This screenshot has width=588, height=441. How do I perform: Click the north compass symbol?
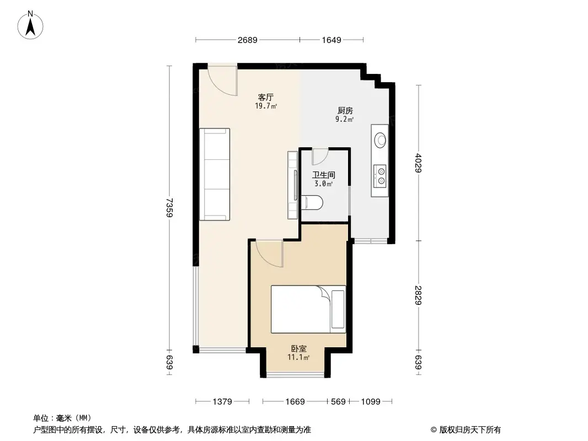pyautogui.click(x=32, y=25)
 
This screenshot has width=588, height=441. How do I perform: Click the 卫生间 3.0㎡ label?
pyautogui.click(x=323, y=179)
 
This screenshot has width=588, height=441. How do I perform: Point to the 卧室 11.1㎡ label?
pyautogui.click(x=298, y=352)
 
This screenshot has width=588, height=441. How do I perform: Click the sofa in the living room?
pyautogui.click(x=214, y=174)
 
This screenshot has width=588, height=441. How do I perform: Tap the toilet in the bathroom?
pyautogui.click(x=312, y=202)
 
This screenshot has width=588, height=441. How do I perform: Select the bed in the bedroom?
pyautogui.click(x=308, y=309)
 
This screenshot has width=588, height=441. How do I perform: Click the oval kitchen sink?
pyautogui.click(x=380, y=140)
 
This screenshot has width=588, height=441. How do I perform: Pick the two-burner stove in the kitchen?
pyautogui.click(x=380, y=176)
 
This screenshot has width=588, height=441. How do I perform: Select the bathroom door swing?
pyautogui.click(x=320, y=157)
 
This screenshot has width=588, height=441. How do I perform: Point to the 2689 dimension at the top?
pyautogui.click(x=247, y=40)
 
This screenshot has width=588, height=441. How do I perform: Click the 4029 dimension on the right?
pyautogui.click(x=419, y=163)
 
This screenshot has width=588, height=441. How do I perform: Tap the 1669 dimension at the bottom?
pyautogui.click(x=295, y=402)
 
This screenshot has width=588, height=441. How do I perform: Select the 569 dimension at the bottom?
pyautogui.click(x=338, y=402)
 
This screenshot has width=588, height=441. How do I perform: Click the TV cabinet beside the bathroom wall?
pyautogui.click(x=292, y=185)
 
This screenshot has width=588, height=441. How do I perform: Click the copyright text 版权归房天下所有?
pyautogui.click(x=466, y=429)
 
